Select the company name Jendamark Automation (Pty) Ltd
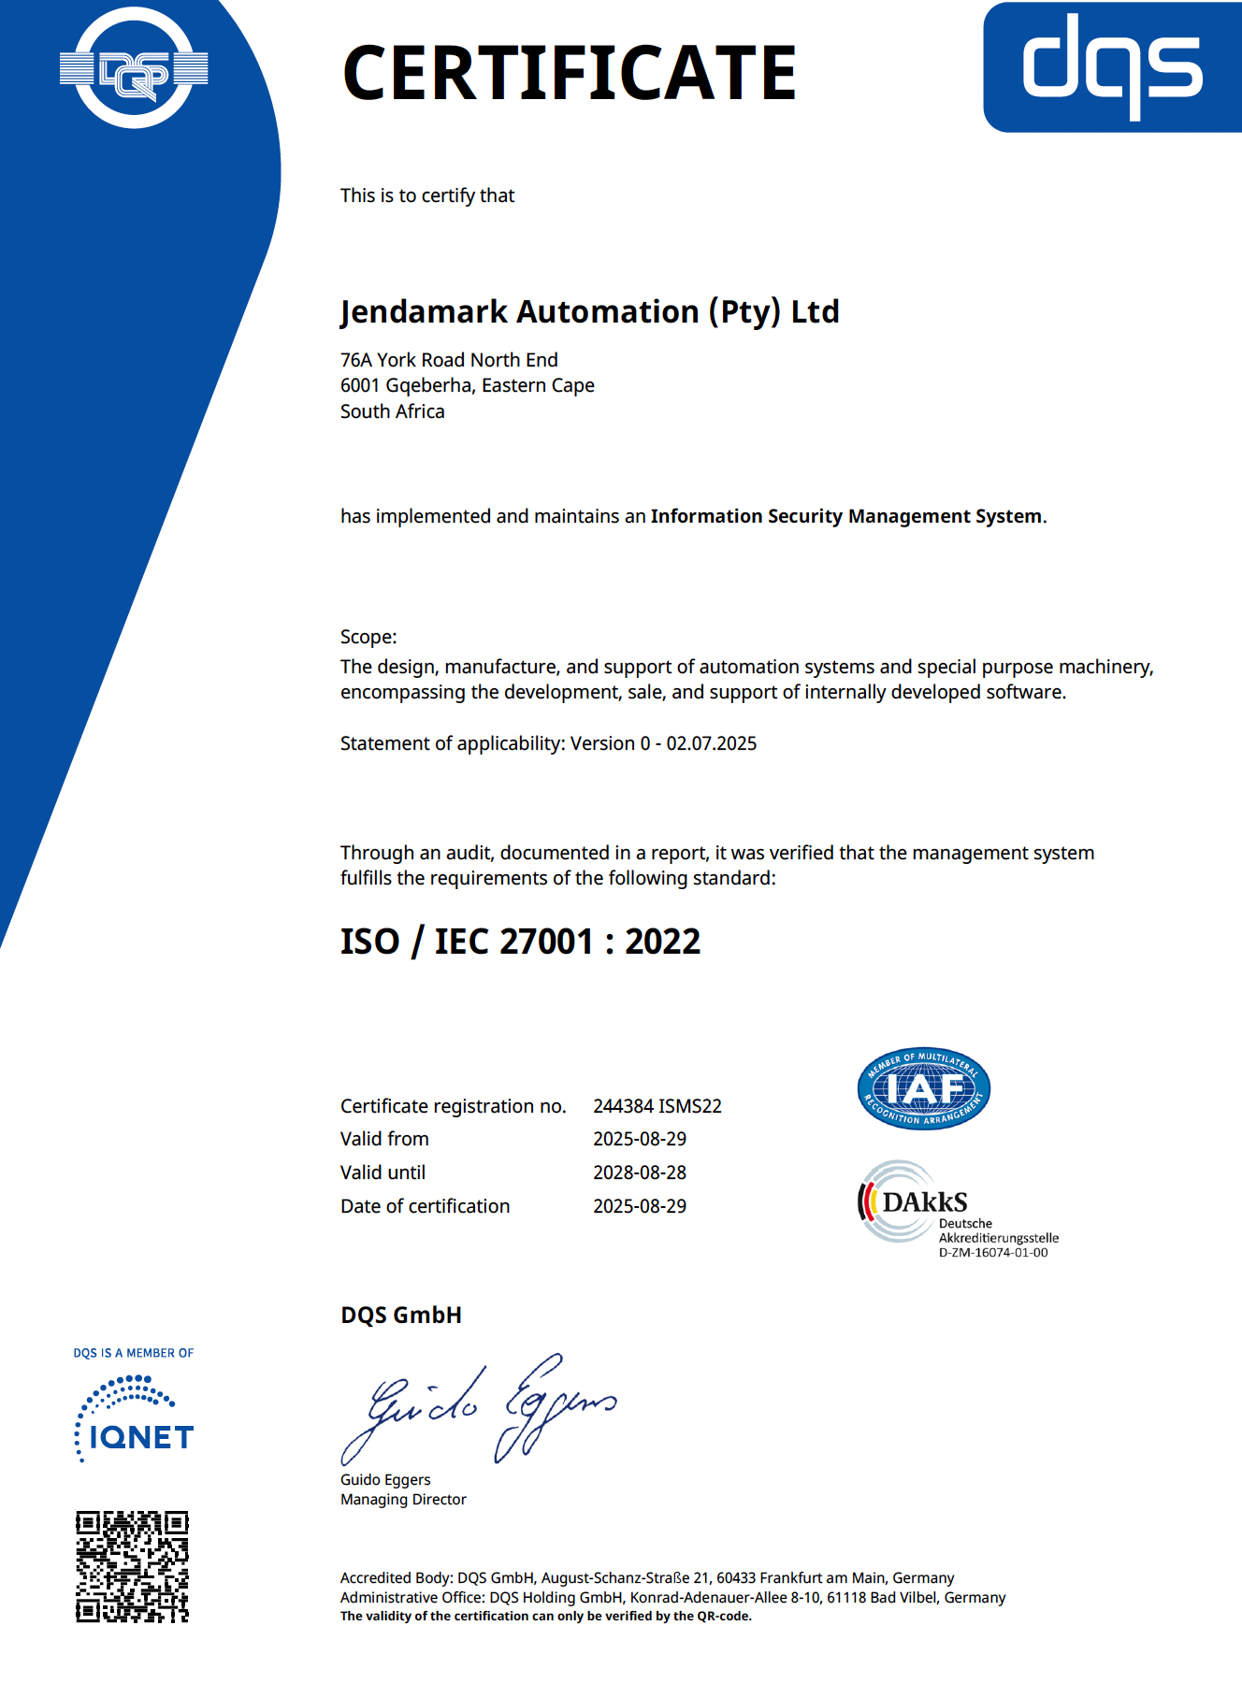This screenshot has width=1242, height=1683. pos(589,311)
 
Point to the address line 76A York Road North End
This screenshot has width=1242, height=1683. pos(449,360)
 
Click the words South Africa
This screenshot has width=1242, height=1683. pos(392,411)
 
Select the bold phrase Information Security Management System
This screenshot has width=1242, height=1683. pos(846,516)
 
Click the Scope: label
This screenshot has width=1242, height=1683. pos(368,637)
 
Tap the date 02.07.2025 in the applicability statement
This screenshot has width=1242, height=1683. pos(711,743)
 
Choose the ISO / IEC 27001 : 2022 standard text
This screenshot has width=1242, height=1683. pos(520,942)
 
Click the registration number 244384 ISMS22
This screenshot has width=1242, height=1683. pos(657,1106)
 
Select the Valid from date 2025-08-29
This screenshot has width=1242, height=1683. pos(640,1139)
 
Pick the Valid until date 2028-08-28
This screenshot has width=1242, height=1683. pos(640,1172)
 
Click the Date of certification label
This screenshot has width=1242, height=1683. pos(425,1206)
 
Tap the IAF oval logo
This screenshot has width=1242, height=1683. pos(924,1088)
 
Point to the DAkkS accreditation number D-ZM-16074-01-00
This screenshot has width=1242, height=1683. pos(993,1253)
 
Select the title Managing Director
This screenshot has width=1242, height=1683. pos(403,1500)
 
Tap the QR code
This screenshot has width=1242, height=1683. pos(132,1566)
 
